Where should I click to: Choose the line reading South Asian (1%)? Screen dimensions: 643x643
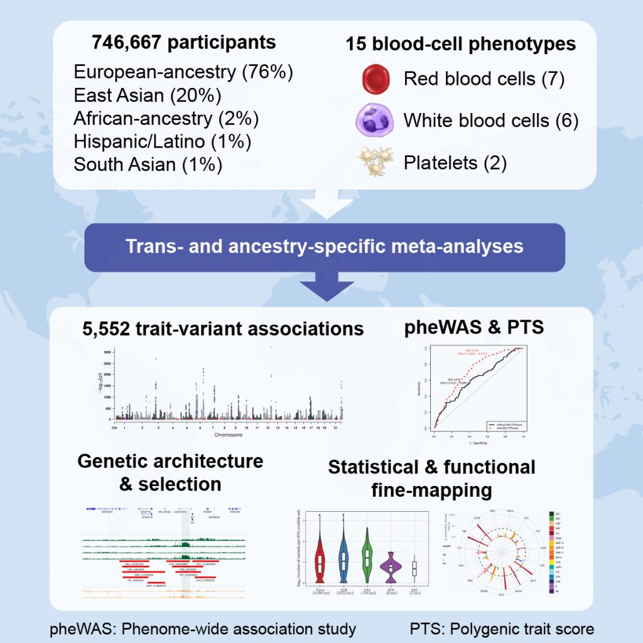tap(148, 165)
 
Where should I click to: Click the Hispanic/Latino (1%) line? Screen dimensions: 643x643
tap(163, 141)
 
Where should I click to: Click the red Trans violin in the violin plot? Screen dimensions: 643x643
tap(320, 561)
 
